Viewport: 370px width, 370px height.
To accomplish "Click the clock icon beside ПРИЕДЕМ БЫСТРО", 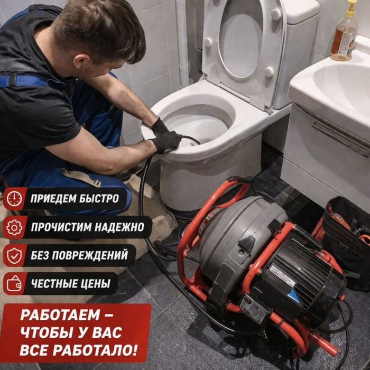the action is click(x=14, y=198).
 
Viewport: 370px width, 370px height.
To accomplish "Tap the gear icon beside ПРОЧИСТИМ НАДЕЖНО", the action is click(x=14, y=227).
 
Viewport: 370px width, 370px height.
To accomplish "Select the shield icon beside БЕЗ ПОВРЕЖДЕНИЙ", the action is click(x=14, y=256).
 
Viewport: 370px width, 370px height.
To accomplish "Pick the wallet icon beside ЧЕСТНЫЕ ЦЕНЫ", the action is click(x=14, y=284).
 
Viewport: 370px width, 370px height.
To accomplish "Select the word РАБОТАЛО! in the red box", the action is click(x=95, y=350).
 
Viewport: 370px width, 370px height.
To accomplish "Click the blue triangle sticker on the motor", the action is click(x=294, y=297).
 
